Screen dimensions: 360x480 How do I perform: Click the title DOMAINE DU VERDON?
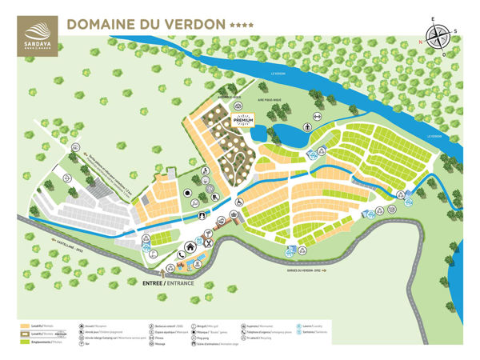coord(145,24)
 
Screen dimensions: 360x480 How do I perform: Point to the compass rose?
coord(437,35)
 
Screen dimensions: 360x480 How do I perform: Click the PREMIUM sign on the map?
coord(243,121)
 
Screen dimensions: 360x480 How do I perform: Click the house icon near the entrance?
coord(190,246)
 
